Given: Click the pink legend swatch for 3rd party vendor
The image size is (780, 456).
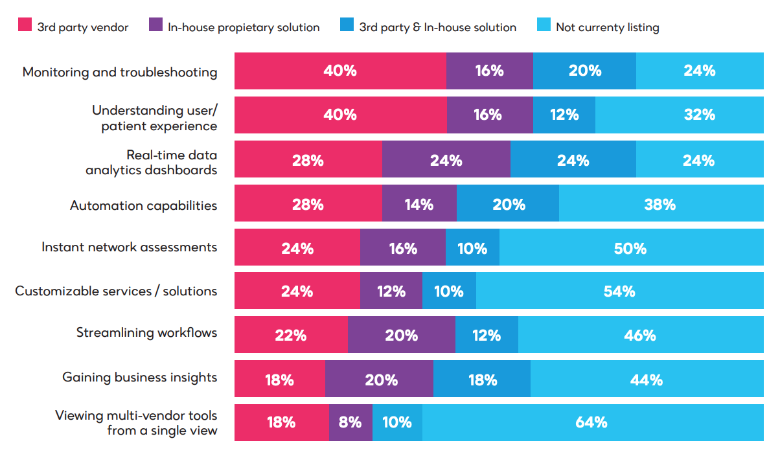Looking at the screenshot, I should (x=25, y=26).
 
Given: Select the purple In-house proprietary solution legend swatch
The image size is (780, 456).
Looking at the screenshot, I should (x=155, y=26).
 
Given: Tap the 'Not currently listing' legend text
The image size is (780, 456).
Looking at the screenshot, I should (x=607, y=27).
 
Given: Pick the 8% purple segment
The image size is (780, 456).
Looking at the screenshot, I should (x=350, y=422).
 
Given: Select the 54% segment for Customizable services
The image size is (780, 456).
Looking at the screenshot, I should (x=619, y=291).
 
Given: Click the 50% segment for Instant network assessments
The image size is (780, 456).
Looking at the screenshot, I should (x=631, y=247).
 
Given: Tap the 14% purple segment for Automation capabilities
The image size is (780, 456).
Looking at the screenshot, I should (x=419, y=204).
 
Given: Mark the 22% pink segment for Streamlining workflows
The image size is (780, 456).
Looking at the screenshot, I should (x=291, y=335).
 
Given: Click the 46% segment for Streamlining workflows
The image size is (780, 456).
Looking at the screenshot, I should (x=640, y=335).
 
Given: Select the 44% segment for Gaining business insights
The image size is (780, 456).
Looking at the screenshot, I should (x=647, y=379).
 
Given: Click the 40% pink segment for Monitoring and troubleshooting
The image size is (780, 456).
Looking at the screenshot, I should (x=340, y=71).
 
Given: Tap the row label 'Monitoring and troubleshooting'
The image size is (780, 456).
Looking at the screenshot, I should (x=120, y=72).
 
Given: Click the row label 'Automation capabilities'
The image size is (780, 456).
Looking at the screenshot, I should (x=143, y=205).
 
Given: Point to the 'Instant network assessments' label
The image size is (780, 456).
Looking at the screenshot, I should (x=129, y=247).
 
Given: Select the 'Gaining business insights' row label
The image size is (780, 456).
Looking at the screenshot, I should (x=139, y=377).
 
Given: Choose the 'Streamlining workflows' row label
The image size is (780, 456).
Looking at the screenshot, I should (x=146, y=333).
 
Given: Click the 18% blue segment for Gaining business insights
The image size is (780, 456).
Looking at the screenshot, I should (x=481, y=379).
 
